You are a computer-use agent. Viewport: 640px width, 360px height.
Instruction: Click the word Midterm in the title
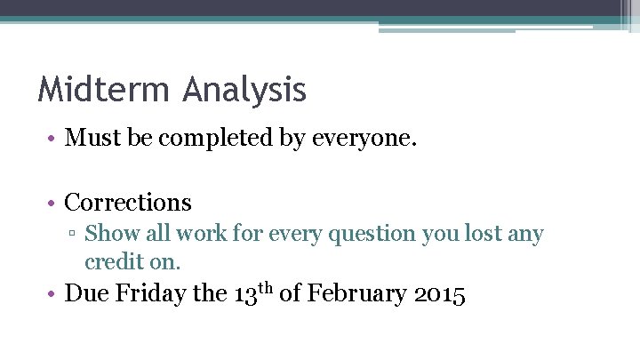pyautogui.click(x=105, y=90)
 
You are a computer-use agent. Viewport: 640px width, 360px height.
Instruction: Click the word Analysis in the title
pyautogui.click(x=245, y=90)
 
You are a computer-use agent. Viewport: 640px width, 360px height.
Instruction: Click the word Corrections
pyautogui.click(x=128, y=202)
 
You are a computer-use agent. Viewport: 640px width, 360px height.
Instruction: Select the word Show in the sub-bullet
pyautogui.click(x=108, y=234)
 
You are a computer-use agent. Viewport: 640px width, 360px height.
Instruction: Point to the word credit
pyautogui.click(x=111, y=261)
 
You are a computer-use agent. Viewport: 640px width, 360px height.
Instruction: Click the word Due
pyautogui.click(x=87, y=293)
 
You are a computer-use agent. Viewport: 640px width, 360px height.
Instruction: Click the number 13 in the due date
pyautogui.click(x=245, y=294)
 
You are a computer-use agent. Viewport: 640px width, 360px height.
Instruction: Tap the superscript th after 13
pyautogui.click(x=266, y=287)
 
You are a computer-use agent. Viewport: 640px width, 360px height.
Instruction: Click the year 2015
pyautogui.click(x=440, y=294)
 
